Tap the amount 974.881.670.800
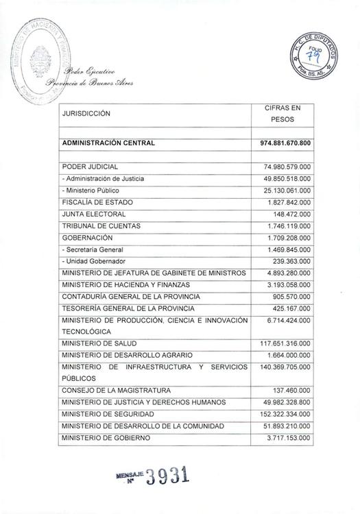(x=286, y=144)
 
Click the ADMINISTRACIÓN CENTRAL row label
(x=108, y=144)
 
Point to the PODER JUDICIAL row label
(x=90, y=167)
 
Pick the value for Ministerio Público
(x=287, y=190)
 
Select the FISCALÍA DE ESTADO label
(x=97, y=202)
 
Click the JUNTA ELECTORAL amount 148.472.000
(x=293, y=214)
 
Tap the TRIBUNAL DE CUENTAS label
(x=101, y=225)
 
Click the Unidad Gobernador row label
(x=93, y=261)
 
